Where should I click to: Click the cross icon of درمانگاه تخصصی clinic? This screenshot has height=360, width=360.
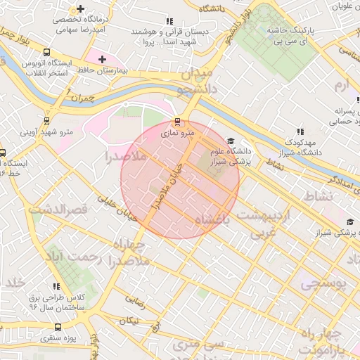pyautogui.click(x=81, y=10)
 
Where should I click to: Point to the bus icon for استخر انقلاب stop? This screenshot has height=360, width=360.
pyautogui.click(x=46, y=52)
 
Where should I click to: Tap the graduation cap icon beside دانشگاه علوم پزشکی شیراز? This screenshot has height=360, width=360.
pyautogui.click(x=232, y=140)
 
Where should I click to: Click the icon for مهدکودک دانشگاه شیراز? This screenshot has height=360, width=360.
pyautogui.click(x=300, y=131)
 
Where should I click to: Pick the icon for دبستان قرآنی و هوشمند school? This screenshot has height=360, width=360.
pyautogui.click(x=167, y=20)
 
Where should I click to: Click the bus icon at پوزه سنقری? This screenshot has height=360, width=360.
pyautogui.click(x=58, y=327)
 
